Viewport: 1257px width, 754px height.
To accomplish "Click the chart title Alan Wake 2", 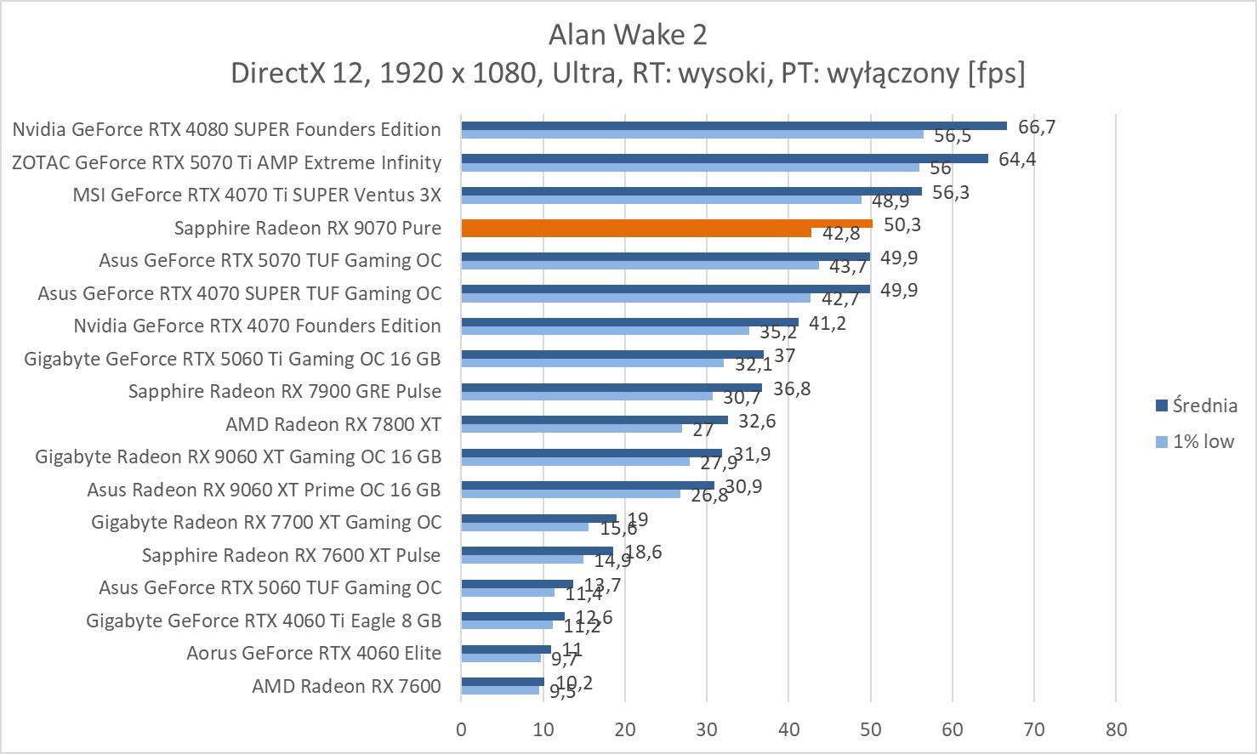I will click(x=628, y=35).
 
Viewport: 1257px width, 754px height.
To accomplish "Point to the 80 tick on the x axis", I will click(x=1116, y=729).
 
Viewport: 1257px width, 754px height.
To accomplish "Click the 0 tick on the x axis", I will click(x=461, y=729).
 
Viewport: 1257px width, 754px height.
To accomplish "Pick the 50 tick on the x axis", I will click(x=870, y=729).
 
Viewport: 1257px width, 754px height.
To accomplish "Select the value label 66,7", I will click(x=1036, y=127).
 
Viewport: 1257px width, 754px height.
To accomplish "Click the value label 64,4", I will click(x=1017, y=159).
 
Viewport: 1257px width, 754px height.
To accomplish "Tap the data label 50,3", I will click(x=902, y=224).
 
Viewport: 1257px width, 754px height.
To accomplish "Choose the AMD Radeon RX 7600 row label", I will click(x=346, y=686).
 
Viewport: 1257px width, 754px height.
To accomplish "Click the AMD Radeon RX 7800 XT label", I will click(x=333, y=423).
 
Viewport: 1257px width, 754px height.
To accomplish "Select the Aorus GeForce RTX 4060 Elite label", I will click(x=314, y=653).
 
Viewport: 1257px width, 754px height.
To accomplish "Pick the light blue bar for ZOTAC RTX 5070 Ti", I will click(x=690, y=167).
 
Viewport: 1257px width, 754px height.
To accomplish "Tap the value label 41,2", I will click(x=828, y=323).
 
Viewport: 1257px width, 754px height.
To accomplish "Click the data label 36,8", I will click(x=792, y=388).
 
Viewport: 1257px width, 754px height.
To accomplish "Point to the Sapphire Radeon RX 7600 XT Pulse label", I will click(x=291, y=555).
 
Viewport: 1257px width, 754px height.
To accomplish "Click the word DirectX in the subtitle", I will click(x=278, y=73).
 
